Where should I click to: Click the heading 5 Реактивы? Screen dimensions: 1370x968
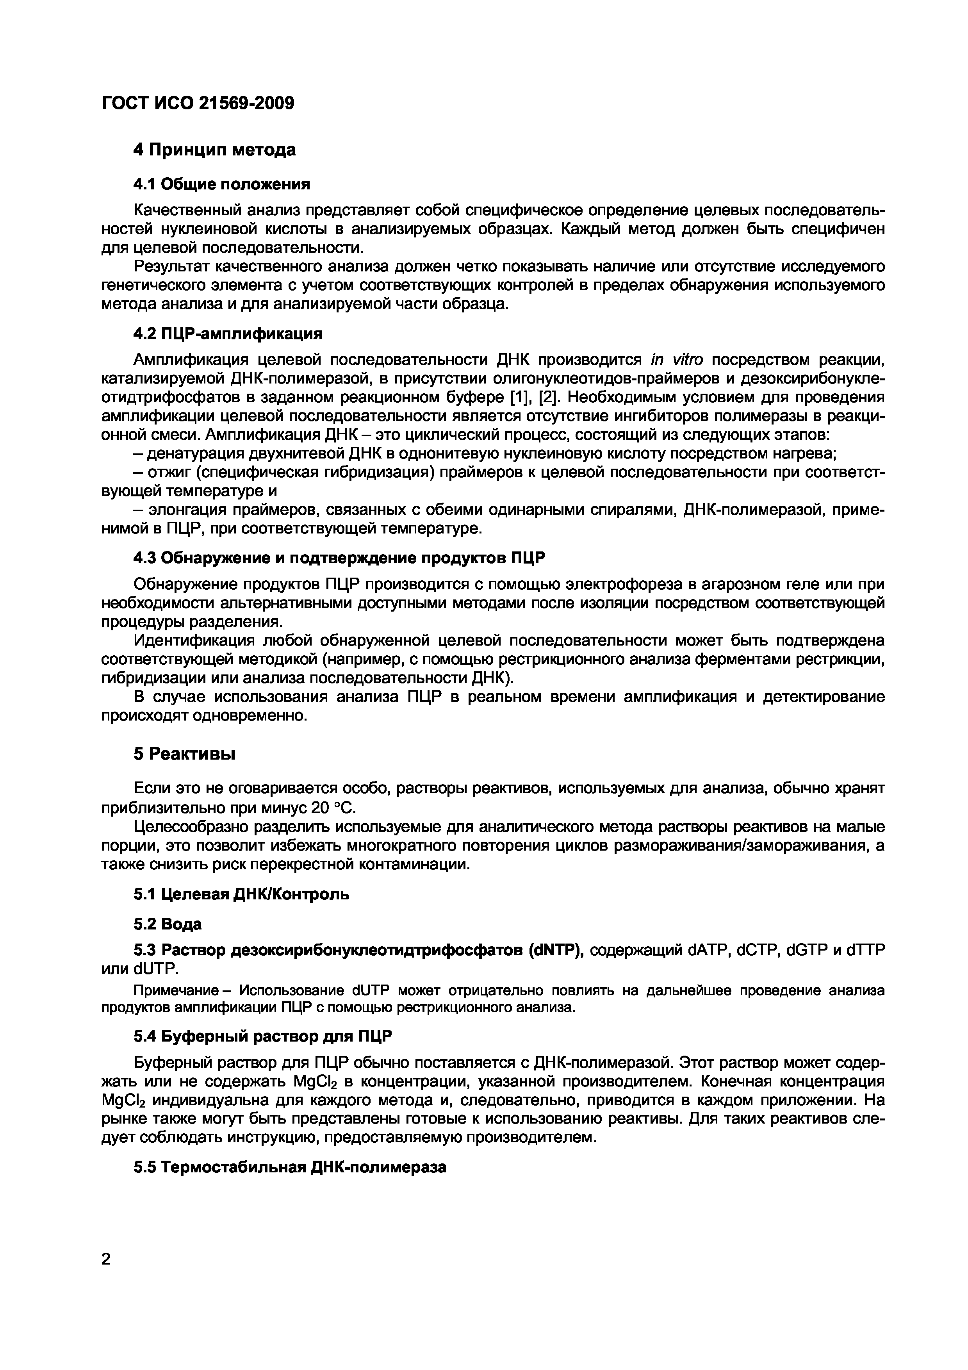(184, 754)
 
